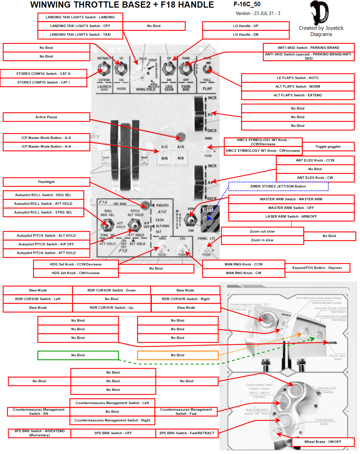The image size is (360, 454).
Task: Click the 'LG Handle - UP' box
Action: point(246,26)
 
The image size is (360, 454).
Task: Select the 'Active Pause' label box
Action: point(46,117)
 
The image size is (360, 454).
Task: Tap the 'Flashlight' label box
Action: point(46,182)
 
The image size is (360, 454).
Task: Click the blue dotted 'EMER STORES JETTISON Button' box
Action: point(278,186)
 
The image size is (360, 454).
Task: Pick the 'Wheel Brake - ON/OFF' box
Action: point(323,442)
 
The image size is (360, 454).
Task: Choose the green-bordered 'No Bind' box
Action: point(78,355)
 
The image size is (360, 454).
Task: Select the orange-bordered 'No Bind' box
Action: point(178,355)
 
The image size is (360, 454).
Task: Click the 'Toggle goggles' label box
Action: point(328,147)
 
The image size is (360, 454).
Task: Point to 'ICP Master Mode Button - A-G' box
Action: point(46,138)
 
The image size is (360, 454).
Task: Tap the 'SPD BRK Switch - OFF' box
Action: point(113,433)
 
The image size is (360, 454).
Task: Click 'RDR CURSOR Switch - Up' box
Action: point(111,308)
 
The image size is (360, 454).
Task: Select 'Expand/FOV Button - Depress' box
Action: point(317,268)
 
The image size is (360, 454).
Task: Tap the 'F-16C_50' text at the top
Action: point(247,5)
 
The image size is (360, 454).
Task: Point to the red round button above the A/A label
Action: point(180,137)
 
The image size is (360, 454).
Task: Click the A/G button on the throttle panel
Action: point(164,158)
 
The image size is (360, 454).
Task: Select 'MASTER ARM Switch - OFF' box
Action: point(291,208)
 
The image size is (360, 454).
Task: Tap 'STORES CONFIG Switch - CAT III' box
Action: point(43,74)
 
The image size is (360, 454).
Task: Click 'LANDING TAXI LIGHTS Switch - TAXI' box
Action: point(80,35)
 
